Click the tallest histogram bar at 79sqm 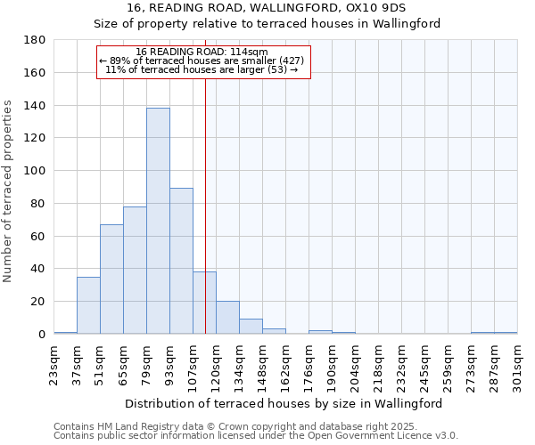click(158, 221)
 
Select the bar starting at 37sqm click(88, 305)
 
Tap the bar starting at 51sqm click(111, 279)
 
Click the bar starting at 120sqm click(227, 318)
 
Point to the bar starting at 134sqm click(251, 327)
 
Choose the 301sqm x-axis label click(517, 366)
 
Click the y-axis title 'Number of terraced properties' click(9, 191)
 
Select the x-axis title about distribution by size click(284, 403)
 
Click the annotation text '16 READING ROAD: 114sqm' click(202, 52)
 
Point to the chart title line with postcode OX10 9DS click(267, 8)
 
